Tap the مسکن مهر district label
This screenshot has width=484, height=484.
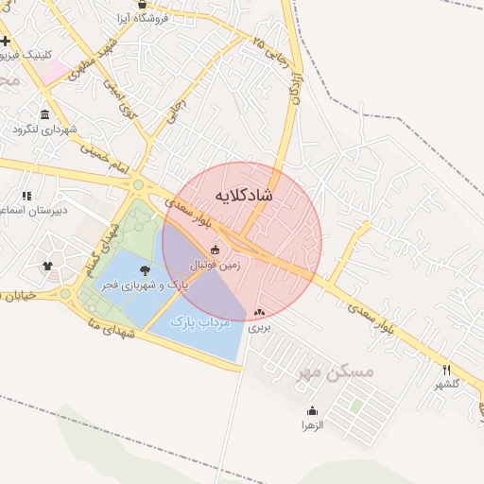[337, 372]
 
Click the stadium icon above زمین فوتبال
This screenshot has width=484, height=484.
[216, 251]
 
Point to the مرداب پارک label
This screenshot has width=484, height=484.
[200, 322]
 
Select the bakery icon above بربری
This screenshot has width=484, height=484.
[259, 313]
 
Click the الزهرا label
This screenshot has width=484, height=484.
[313, 425]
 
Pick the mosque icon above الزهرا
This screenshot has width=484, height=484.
[313, 410]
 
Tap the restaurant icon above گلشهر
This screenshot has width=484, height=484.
[447, 370]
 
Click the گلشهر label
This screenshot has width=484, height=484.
[447, 384]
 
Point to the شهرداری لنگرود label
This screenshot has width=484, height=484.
[46, 130]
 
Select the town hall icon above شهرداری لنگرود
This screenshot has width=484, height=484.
[45, 114]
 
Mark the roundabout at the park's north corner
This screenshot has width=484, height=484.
[138, 185]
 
